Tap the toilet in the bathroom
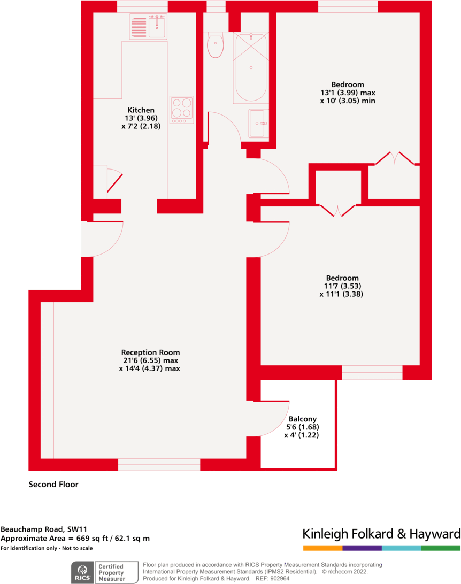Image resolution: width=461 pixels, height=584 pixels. pos(215,46)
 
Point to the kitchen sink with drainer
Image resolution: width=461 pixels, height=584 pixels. pos(148,26)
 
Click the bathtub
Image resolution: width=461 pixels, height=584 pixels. pos(250,67)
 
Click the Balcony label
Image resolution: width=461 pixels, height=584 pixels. pos(302,419)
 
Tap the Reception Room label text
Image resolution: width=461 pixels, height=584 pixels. pos(150,352)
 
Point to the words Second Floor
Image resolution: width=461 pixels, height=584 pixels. pos(53,485)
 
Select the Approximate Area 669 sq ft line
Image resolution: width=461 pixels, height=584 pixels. pos(75,539)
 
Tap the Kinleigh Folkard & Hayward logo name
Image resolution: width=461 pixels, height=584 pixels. pos(381,534)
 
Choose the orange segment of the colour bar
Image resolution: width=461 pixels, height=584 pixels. pos(322,548)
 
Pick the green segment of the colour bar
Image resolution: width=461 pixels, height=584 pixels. pos(441,548)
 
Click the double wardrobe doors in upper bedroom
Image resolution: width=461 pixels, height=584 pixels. pos(394,158)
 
